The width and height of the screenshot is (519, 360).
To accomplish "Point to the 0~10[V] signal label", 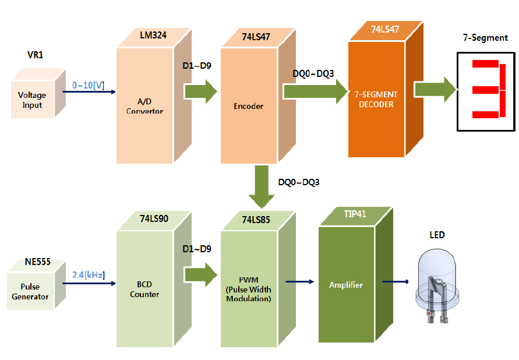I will (x=88, y=86).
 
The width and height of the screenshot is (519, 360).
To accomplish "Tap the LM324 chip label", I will (x=153, y=36).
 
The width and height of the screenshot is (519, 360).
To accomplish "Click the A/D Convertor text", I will (x=144, y=106).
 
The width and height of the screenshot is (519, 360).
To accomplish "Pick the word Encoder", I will (x=249, y=106).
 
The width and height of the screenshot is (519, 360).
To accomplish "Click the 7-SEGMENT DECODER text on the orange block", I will (x=376, y=99).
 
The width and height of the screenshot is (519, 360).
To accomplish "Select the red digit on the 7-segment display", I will (x=486, y=90).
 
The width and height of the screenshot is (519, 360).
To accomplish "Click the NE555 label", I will (x=38, y=262).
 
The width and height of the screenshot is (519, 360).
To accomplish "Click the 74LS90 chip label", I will (x=154, y=219).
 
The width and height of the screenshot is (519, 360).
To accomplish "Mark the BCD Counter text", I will (x=144, y=290).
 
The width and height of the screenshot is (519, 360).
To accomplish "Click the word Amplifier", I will (x=346, y=285).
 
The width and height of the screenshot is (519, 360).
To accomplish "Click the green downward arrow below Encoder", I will (x=257, y=186).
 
